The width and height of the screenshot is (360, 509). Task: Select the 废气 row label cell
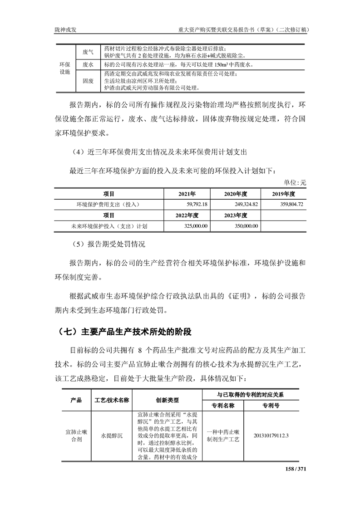[88, 52]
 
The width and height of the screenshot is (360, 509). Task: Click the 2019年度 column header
[285, 194]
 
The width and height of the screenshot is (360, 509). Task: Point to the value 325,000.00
[195, 225]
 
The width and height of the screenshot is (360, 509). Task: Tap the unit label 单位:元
[295, 183]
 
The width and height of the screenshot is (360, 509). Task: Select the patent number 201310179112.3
[272, 436]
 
